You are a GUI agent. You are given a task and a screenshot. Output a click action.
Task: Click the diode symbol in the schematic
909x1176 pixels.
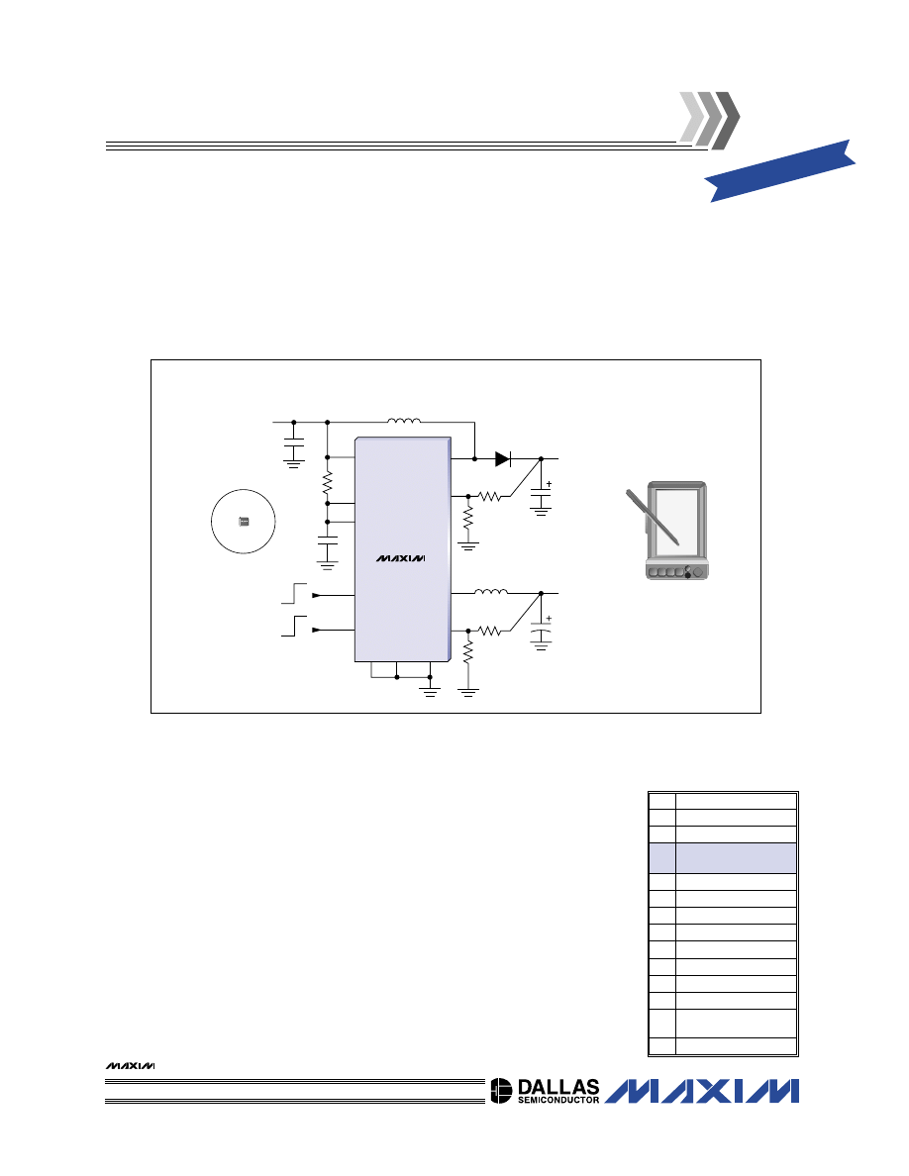pos(502,458)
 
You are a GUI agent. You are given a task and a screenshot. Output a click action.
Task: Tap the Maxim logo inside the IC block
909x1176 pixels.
pos(400,558)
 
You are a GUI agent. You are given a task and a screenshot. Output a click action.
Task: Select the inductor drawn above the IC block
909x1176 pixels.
pos(403,420)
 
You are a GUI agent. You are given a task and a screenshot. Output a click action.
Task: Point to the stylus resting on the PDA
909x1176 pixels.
pos(652,516)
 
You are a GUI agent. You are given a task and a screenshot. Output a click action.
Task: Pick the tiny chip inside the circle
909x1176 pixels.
pos(243,522)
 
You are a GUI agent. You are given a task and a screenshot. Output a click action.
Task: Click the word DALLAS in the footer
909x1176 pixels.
pos(558,1088)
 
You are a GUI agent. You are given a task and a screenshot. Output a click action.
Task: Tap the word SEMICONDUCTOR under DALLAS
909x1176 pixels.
pos(558,1100)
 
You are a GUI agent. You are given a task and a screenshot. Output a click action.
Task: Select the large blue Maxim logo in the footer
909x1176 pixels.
pos(702,1091)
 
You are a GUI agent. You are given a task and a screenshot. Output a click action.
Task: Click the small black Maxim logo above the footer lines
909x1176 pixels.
pos(130,1066)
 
